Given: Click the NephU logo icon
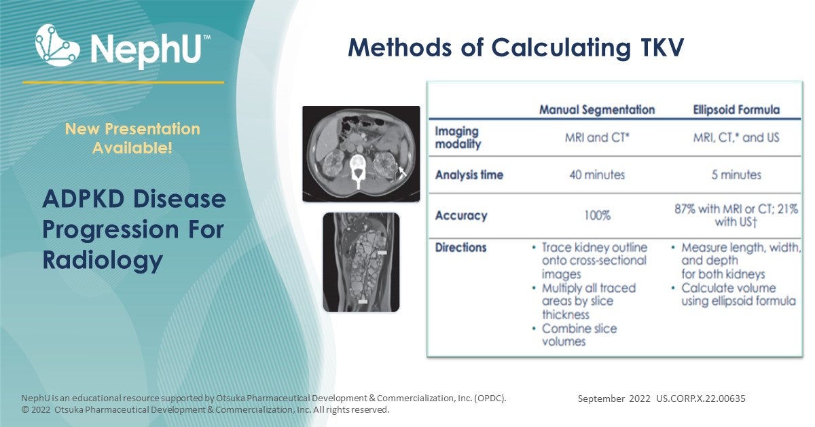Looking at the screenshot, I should click(58, 45).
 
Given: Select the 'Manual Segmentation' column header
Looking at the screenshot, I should click(596, 109).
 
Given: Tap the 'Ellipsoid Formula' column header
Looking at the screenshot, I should click(737, 109).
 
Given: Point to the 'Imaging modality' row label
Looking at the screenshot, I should click(457, 138).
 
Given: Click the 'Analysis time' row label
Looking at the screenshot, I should click(469, 175).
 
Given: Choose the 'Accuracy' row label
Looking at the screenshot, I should click(461, 216).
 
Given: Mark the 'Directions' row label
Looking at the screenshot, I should click(460, 248).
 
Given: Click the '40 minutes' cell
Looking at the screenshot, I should click(596, 175).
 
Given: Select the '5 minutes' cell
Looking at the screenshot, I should click(737, 175).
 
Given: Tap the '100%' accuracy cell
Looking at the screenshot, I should click(596, 216).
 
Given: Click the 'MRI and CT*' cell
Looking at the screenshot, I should click(596, 138).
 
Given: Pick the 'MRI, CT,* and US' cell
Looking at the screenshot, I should click(737, 138).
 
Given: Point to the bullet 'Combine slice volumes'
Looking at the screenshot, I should click(579, 335).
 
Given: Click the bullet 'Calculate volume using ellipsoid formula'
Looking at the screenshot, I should click(738, 295).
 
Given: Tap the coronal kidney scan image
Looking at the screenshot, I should click(361, 262).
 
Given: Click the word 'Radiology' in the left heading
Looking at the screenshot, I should click(103, 260).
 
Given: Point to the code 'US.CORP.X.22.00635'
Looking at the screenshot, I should click(700, 398).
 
